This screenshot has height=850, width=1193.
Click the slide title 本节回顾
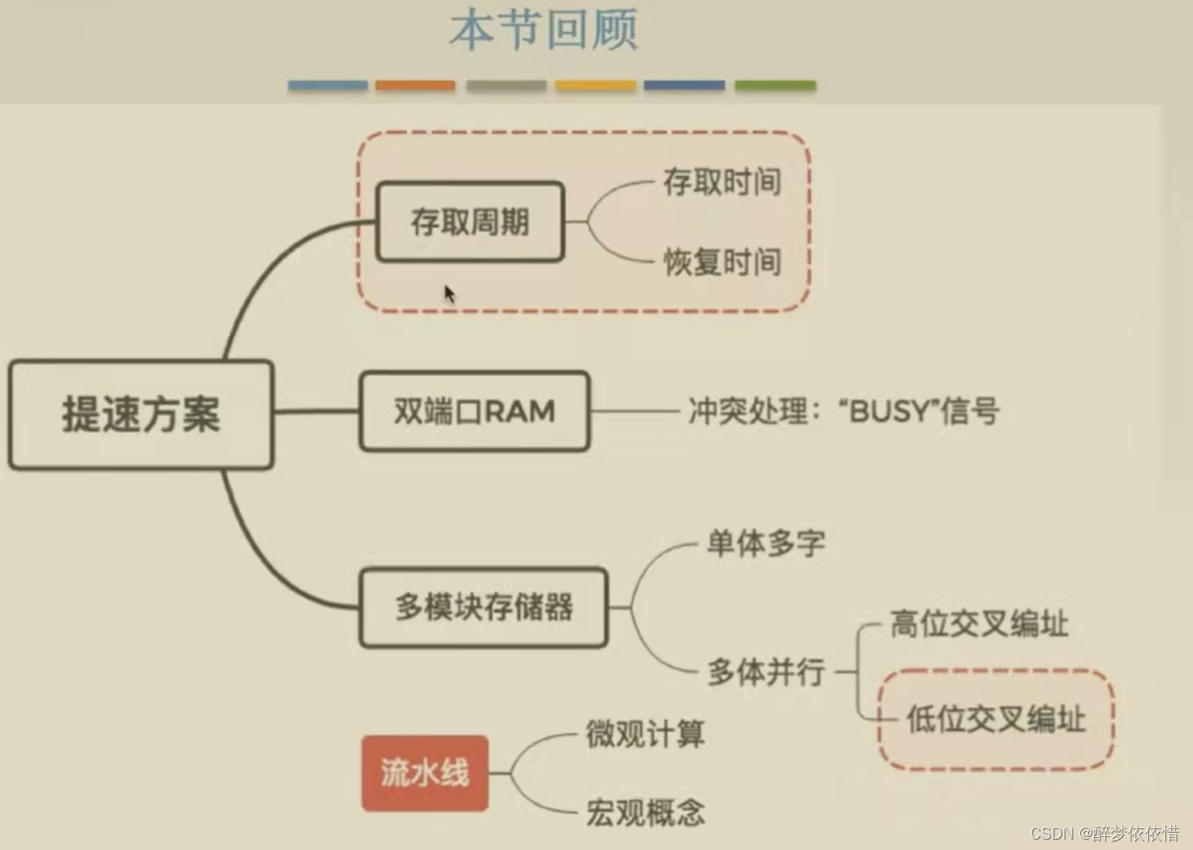[544, 30]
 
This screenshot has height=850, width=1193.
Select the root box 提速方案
[141, 414]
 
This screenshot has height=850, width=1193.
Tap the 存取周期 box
[469, 221]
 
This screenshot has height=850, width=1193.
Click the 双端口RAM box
[474, 411]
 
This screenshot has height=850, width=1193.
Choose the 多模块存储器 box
[483, 607]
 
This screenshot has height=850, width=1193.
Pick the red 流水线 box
[424, 772]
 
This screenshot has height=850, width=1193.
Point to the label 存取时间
[722, 181]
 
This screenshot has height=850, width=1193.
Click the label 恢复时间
[722, 261]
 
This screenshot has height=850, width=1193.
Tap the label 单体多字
[765, 544]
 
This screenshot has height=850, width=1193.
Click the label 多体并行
[765, 671]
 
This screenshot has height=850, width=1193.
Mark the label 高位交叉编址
[979, 623]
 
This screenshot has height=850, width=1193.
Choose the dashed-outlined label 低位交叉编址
[996, 719]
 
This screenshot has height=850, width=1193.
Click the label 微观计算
[645, 734]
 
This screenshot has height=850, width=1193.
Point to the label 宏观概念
[645, 813]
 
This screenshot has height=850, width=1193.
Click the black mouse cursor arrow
[449, 294]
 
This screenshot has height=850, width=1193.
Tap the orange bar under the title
[415, 85]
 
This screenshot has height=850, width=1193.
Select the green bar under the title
[775, 85]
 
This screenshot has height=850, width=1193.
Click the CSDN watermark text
[1104, 834]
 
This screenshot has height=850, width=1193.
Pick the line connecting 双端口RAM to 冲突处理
[633, 411]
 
